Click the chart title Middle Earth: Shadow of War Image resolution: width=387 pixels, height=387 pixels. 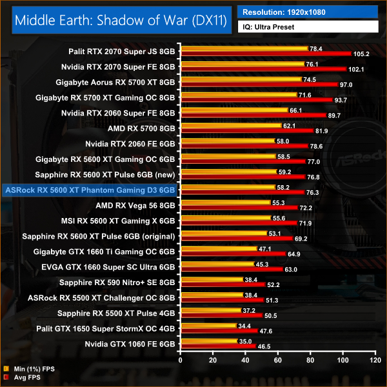coord(119,19)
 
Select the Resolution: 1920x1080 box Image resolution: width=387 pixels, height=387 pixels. coord(307,12)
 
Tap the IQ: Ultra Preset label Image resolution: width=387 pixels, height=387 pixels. coord(307,26)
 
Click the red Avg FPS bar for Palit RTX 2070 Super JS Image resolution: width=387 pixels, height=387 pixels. coord(266,54)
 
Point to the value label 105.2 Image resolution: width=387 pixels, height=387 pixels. coord(361,54)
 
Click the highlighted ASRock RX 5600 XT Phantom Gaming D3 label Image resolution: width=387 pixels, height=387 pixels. coord(90,190)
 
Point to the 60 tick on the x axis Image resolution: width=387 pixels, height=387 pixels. coord(278,359)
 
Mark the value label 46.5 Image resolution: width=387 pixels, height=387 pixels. coord(264,348)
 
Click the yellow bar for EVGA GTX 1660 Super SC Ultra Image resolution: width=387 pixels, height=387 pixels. coord(217,264)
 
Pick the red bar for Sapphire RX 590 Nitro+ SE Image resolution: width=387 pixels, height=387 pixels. coord(223,285)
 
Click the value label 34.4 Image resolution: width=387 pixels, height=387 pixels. coord(245,326)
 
